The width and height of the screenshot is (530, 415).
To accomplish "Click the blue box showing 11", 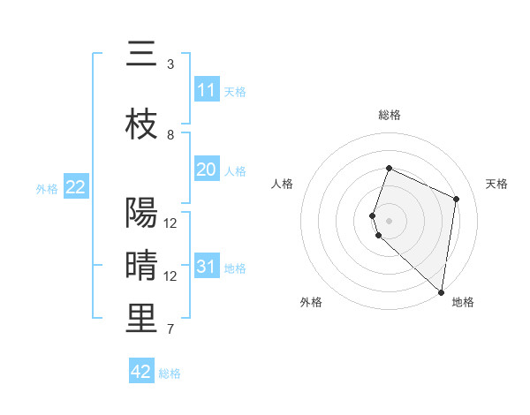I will point(207,90).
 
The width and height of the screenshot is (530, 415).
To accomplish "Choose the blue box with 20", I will point(207,170).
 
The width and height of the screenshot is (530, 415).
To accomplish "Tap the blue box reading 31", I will point(207,267).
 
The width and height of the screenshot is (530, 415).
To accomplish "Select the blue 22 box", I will point(76,187).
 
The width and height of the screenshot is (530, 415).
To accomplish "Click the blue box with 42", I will point(141,372).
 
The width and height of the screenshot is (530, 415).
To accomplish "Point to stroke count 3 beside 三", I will point(170,64).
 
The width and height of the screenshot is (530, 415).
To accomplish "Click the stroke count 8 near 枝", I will point(170,134).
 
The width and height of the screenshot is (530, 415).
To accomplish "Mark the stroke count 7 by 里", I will point(170,330).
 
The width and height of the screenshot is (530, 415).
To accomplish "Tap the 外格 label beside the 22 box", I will point(46,188).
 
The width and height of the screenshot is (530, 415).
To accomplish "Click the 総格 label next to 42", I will point(170,373).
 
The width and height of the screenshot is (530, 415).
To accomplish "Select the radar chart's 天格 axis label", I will point(496,184).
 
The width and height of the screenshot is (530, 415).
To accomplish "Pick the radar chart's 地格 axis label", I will point(463,303).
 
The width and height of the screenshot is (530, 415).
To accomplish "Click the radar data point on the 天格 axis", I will point(457,199).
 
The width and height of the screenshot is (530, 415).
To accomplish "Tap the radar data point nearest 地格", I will point(442,292).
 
